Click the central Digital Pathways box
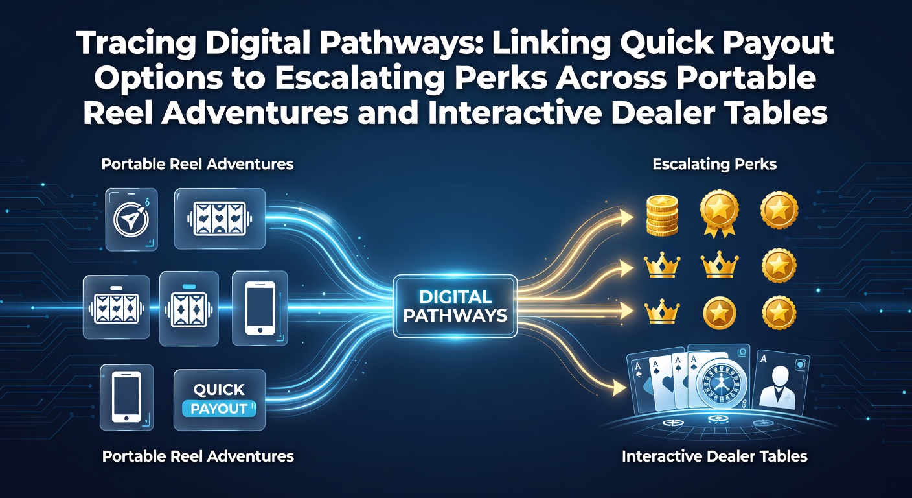point(455,306)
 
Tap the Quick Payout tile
point(220,400)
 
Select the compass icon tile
point(131,219)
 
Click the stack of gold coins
point(663,215)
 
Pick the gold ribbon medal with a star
point(720,213)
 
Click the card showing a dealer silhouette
point(781,381)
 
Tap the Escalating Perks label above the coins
point(714,164)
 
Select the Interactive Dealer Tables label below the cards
point(714,456)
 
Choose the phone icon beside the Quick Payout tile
point(126,397)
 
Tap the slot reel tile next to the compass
point(220,219)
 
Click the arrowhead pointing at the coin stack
point(626,217)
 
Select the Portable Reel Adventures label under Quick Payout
point(198,456)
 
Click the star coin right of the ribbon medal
point(779,211)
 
